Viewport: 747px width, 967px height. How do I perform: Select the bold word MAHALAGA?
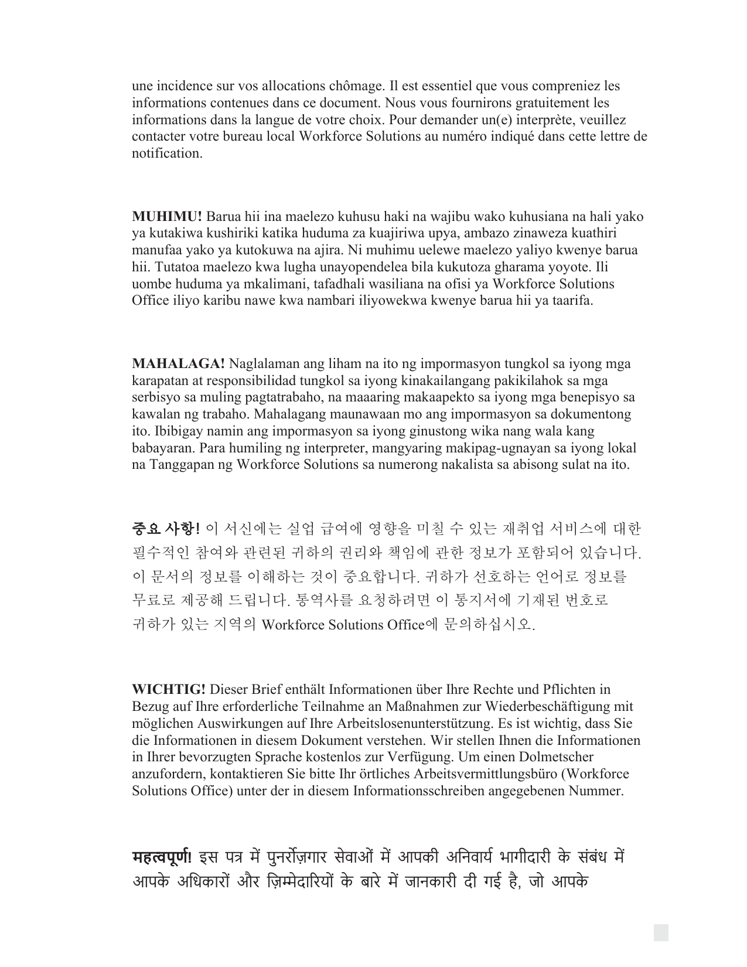tap(178, 364)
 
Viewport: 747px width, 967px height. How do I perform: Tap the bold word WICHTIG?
tap(169, 690)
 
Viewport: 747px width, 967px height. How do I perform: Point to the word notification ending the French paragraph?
tap(166, 154)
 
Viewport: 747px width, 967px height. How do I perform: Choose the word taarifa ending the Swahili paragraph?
tap(571, 301)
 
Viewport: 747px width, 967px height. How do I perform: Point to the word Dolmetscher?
tap(557, 757)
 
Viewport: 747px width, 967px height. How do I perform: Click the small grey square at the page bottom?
tap(661, 932)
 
